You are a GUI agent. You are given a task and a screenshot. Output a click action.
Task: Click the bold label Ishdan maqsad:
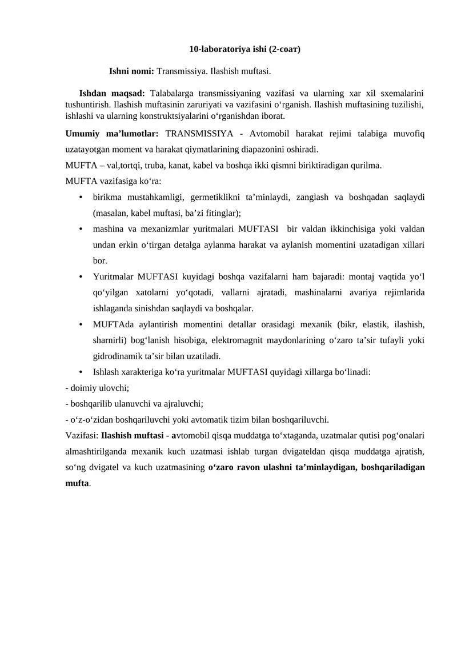tap(112, 93)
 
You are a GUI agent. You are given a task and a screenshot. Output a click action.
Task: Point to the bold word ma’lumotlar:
tap(133, 134)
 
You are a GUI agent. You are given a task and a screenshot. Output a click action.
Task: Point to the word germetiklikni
tap(214, 198)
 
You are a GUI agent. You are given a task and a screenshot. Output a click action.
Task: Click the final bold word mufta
tap(78, 483)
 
